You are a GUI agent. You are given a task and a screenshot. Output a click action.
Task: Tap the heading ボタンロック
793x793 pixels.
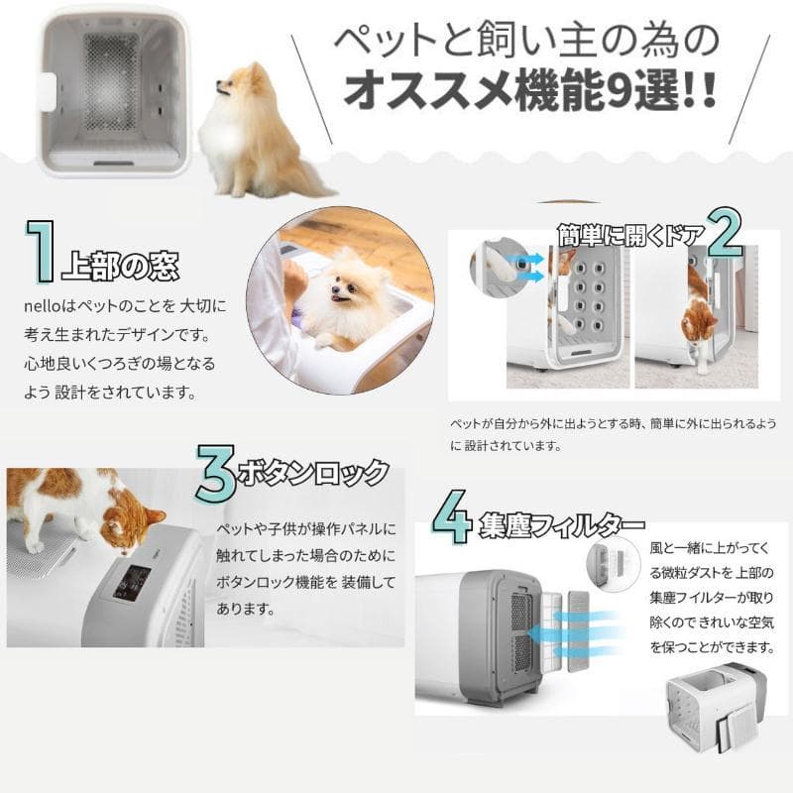[x=312, y=473]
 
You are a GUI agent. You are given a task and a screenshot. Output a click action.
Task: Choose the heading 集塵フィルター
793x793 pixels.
[x=560, y=524]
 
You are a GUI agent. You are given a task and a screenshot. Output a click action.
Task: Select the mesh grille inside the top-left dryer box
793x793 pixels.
[x=112, y=79]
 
